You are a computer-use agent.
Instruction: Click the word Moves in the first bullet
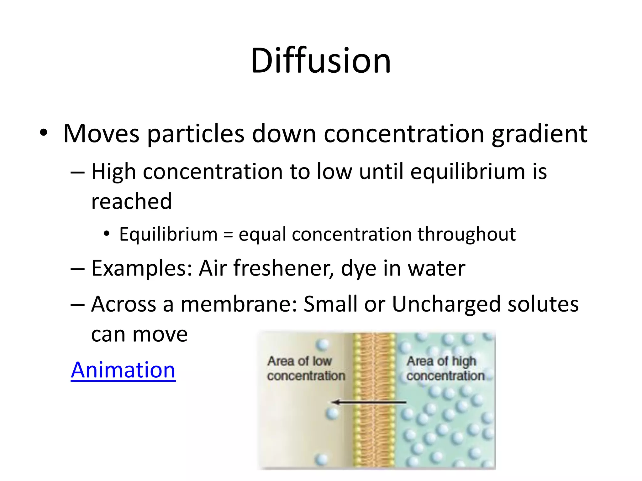[101, 134]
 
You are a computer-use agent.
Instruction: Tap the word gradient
[539, 134]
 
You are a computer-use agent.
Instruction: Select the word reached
[131, 201]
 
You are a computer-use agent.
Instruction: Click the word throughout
[466, 235]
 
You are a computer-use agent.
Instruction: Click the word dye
[358, 268]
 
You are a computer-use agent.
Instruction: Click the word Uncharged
[445, 304]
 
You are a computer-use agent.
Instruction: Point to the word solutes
[543, 304]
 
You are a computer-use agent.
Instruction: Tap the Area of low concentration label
[305, 369]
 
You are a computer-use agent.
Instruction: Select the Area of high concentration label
[445, 369]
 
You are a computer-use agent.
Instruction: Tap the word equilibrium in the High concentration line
[467, 172]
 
